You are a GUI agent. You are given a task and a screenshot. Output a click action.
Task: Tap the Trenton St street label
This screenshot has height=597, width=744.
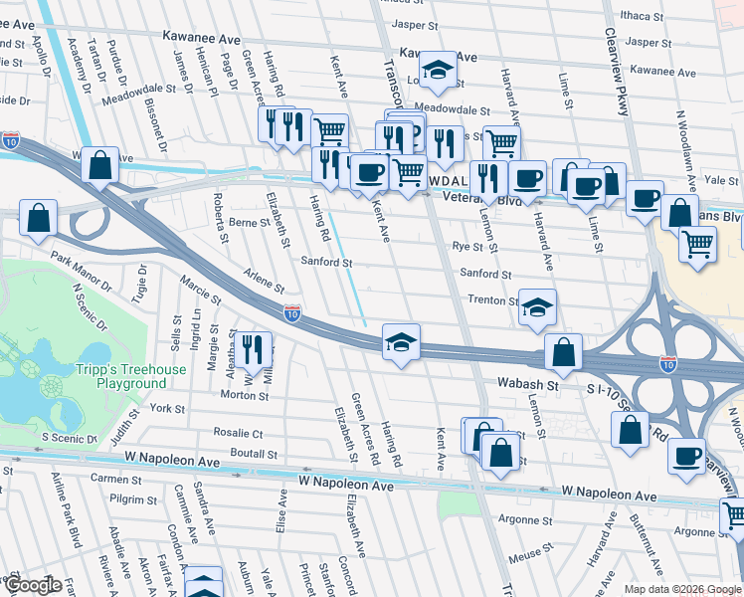(493, 299)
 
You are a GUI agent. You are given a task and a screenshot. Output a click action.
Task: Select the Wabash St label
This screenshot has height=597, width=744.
(523, 384)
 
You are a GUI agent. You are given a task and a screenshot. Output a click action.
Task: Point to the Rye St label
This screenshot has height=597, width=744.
(466, 247)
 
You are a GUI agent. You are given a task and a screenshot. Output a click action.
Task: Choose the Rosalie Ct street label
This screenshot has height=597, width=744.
(238, 433)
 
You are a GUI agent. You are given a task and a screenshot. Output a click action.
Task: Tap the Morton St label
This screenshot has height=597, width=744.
(238, 395)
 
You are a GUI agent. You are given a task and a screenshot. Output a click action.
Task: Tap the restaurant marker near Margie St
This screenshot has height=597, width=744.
(252, 348)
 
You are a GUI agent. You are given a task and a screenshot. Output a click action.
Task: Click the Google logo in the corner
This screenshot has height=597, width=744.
(33, 585)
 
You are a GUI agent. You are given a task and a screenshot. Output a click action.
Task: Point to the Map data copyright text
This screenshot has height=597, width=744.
(681, 589)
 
